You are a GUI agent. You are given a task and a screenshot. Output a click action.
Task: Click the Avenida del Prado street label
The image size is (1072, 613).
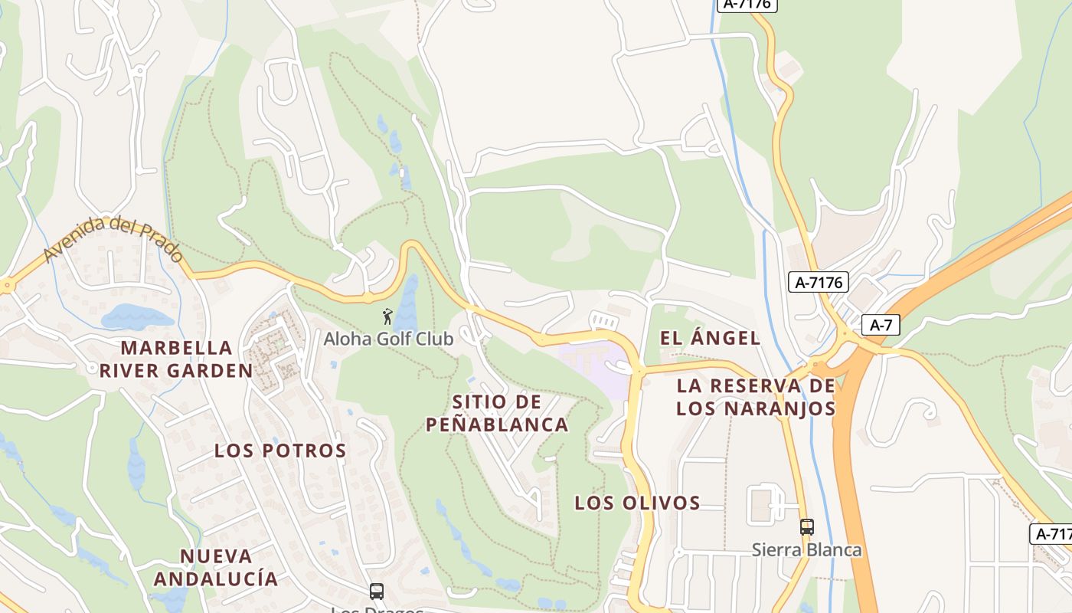tap(113, 238)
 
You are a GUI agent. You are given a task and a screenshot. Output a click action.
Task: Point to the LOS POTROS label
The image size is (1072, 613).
tap(280, 451)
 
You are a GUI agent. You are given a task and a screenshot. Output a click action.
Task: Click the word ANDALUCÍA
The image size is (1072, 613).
tap(216, 579)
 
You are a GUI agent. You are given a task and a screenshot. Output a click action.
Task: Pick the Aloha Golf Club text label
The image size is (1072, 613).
tap(388, 339)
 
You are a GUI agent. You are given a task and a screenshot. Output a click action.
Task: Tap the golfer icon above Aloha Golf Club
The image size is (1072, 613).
tap(387, 316)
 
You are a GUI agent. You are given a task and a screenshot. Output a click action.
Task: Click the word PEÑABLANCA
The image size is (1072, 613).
tap(497, 425)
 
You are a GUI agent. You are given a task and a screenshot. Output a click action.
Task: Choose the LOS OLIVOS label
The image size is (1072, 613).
tap(637, 503)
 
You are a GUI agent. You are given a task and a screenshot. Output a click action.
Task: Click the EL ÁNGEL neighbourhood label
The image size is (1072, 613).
tap(709, 338)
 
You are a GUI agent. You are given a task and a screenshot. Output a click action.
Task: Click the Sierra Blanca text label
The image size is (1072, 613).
tap(806, 550)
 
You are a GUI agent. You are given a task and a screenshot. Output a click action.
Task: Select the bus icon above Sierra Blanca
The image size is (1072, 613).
tap(806, 527)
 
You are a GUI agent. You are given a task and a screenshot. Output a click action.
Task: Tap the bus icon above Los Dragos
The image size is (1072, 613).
tap(377, 592)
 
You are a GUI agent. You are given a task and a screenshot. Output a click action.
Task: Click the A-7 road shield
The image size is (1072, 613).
tap(881, 325)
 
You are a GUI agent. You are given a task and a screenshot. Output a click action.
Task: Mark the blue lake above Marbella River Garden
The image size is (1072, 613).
tap(136, 316)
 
